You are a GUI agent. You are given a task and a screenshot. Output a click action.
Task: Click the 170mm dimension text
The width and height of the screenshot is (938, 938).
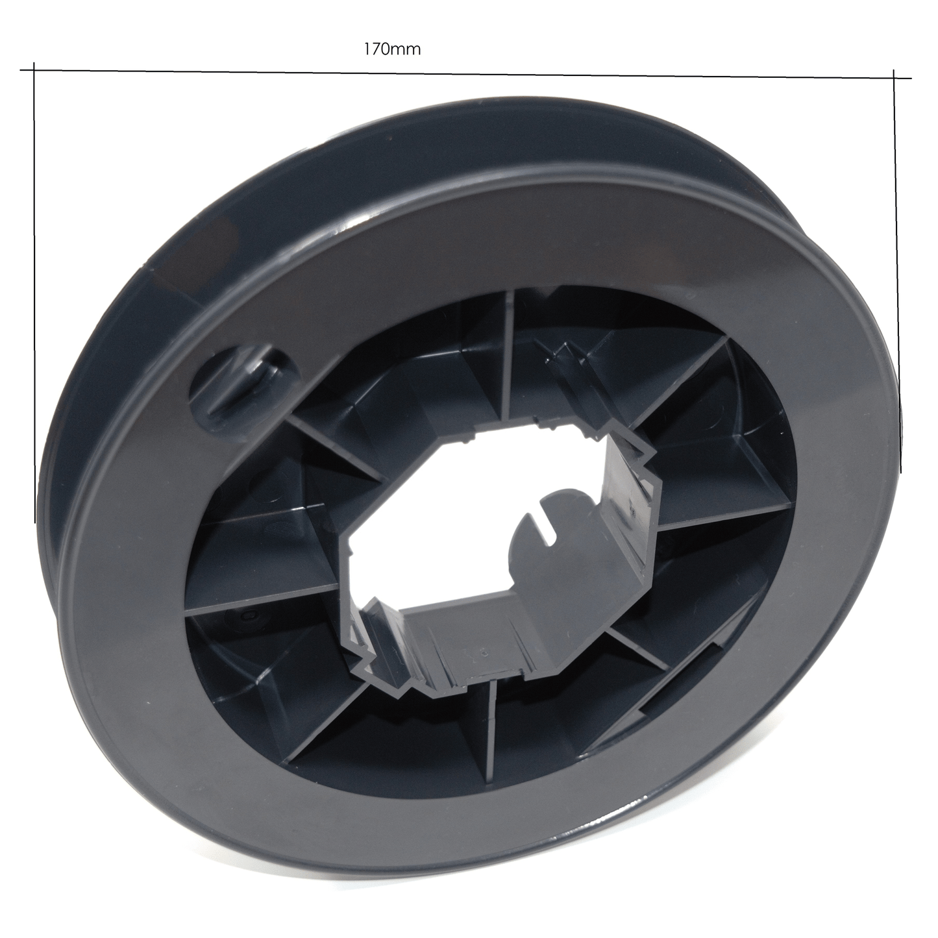(x=392, y=49)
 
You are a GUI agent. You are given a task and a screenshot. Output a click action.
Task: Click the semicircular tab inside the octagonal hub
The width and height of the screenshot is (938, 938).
(x=560, y=530)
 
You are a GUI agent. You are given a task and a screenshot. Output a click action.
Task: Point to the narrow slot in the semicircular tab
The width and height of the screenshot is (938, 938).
(x=550, y=526)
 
